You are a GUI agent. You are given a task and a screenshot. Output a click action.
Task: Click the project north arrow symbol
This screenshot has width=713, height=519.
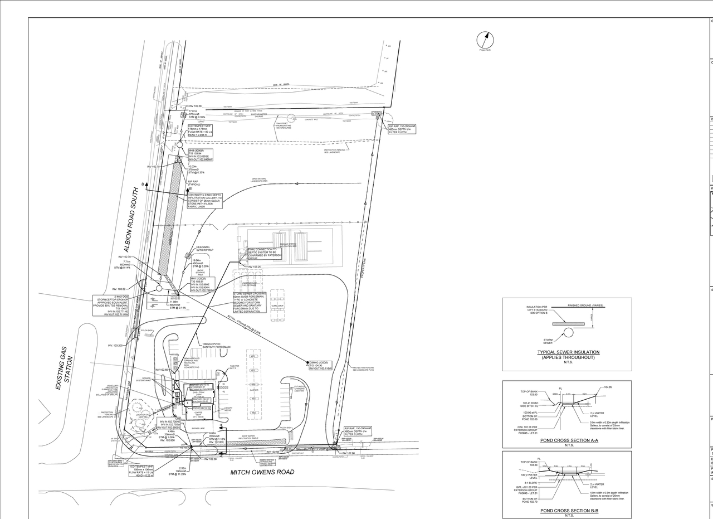click(x=485, y=40)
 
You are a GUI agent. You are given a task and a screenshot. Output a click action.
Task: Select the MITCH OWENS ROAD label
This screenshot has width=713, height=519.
click(x=262, y=472)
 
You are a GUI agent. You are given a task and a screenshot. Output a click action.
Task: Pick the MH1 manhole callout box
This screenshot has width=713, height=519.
click(x=203, y=284)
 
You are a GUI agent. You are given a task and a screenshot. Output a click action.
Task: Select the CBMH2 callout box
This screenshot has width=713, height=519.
click(x=320, y=365)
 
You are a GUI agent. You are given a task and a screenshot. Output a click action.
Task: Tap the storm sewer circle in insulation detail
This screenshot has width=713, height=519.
click(x=568, y=333)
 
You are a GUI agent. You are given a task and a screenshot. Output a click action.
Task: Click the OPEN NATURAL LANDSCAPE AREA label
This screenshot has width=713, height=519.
click(x=259, y=180)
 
